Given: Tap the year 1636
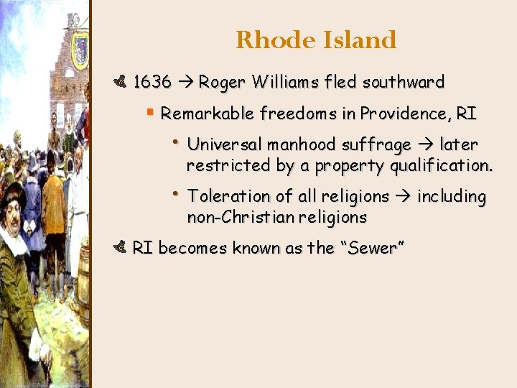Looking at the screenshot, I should (152, 82).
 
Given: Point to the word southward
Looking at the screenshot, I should (404, 82).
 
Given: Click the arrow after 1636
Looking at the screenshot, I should (185, 83).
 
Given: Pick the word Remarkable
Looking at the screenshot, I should (208, 114).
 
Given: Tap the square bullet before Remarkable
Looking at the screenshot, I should (149, 113).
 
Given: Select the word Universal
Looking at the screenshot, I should (225, 144).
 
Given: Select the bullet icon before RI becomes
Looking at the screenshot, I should (120, 248).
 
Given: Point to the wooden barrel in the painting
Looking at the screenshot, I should (83, 287).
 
